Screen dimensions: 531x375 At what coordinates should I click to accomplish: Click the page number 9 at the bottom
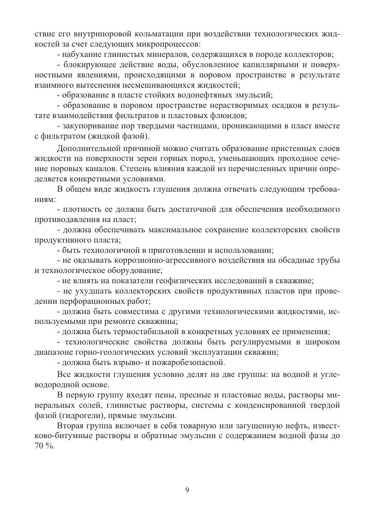coord(187,490)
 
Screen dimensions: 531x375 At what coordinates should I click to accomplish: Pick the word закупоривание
coord(87,126)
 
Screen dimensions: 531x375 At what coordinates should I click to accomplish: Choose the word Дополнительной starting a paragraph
coord(87,149)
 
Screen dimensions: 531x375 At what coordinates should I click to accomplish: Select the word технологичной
coord(102,250)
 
